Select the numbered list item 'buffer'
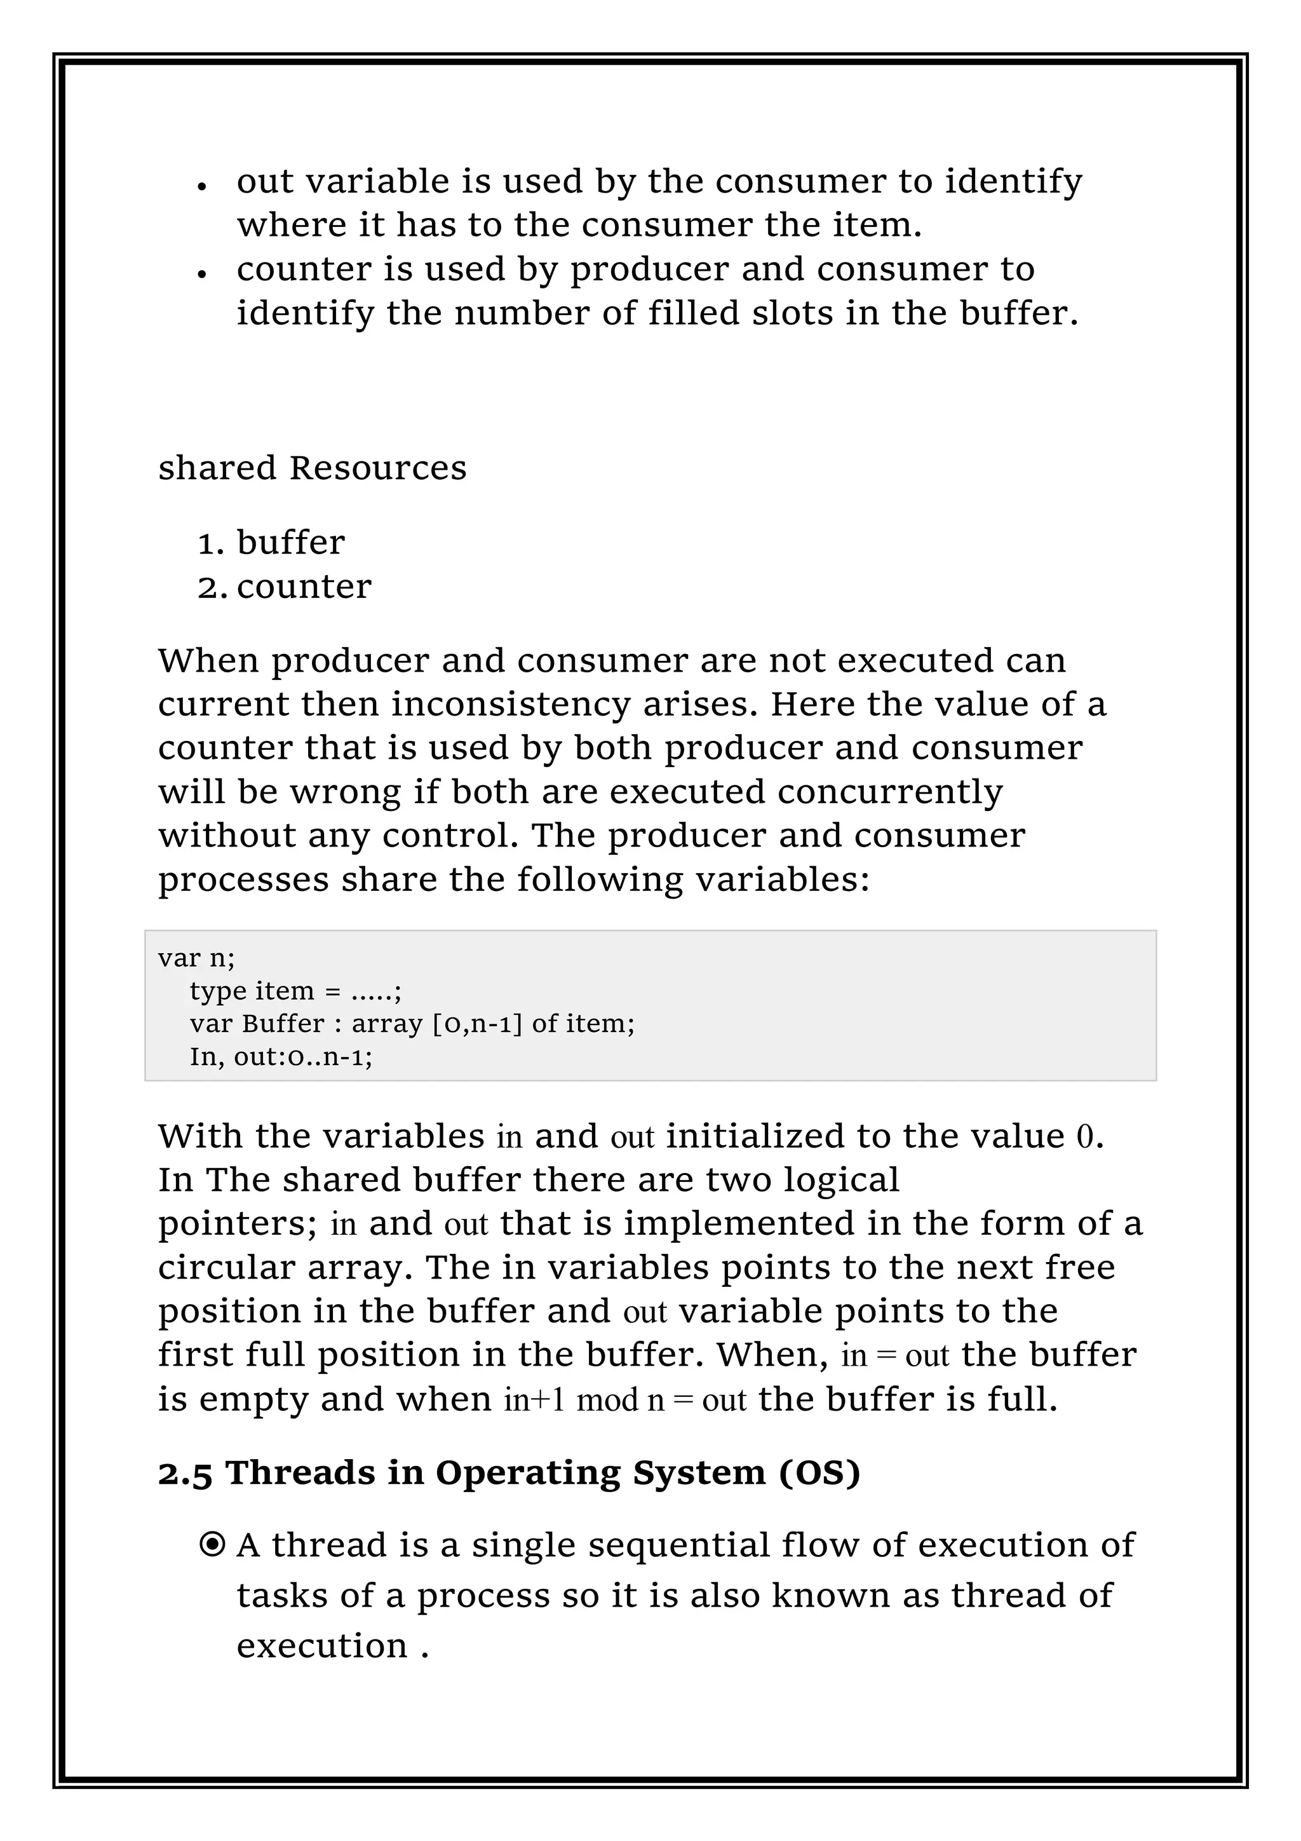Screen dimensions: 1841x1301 (x=290, y=543)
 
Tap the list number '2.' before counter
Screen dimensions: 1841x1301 (x=212, y=587)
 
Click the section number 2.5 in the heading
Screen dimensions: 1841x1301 (x=184, y=1473)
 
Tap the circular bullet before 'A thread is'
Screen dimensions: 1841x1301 (x=212, y=1544)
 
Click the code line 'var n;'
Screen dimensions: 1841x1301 (x=196, y=958)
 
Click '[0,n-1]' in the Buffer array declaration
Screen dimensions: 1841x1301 (x=477, y=1024)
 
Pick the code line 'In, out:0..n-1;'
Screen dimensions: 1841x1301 (x=281, y=1057)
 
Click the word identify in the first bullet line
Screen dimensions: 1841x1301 (x=1013, y=182)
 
